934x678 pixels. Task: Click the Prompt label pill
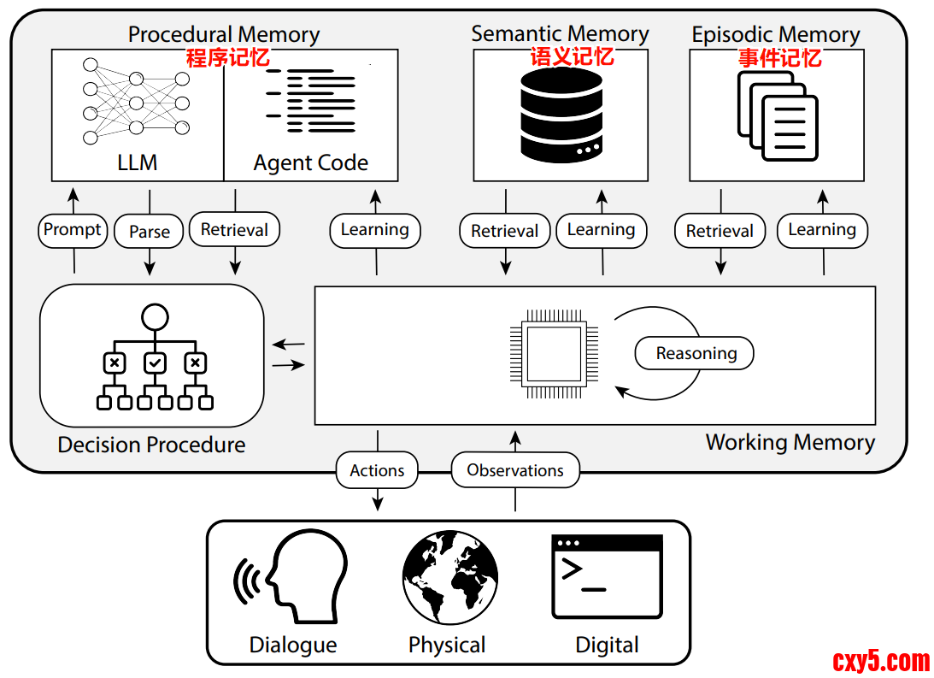(73, 230)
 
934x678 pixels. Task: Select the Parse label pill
(150, 232)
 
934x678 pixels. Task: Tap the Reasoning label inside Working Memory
(696, 353)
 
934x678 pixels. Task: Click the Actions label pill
(377, 470)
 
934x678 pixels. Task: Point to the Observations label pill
(515, 470)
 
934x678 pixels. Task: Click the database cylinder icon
(561, 115)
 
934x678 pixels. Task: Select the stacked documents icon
(777, 116)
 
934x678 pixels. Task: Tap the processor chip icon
(549, 355)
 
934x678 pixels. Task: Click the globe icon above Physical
(450, 578)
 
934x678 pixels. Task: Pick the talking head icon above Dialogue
(292, 577)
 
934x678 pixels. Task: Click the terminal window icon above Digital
(607, 576)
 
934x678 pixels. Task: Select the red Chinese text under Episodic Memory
(780, 57)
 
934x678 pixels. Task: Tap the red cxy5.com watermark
(880, 660)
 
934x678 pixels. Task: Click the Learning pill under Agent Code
(374, 230)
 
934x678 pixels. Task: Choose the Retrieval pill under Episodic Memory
(720, 231)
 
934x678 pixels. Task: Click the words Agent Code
(310, 162)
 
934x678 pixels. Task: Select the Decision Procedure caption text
(151, 445)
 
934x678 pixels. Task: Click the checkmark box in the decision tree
(155, 363)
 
